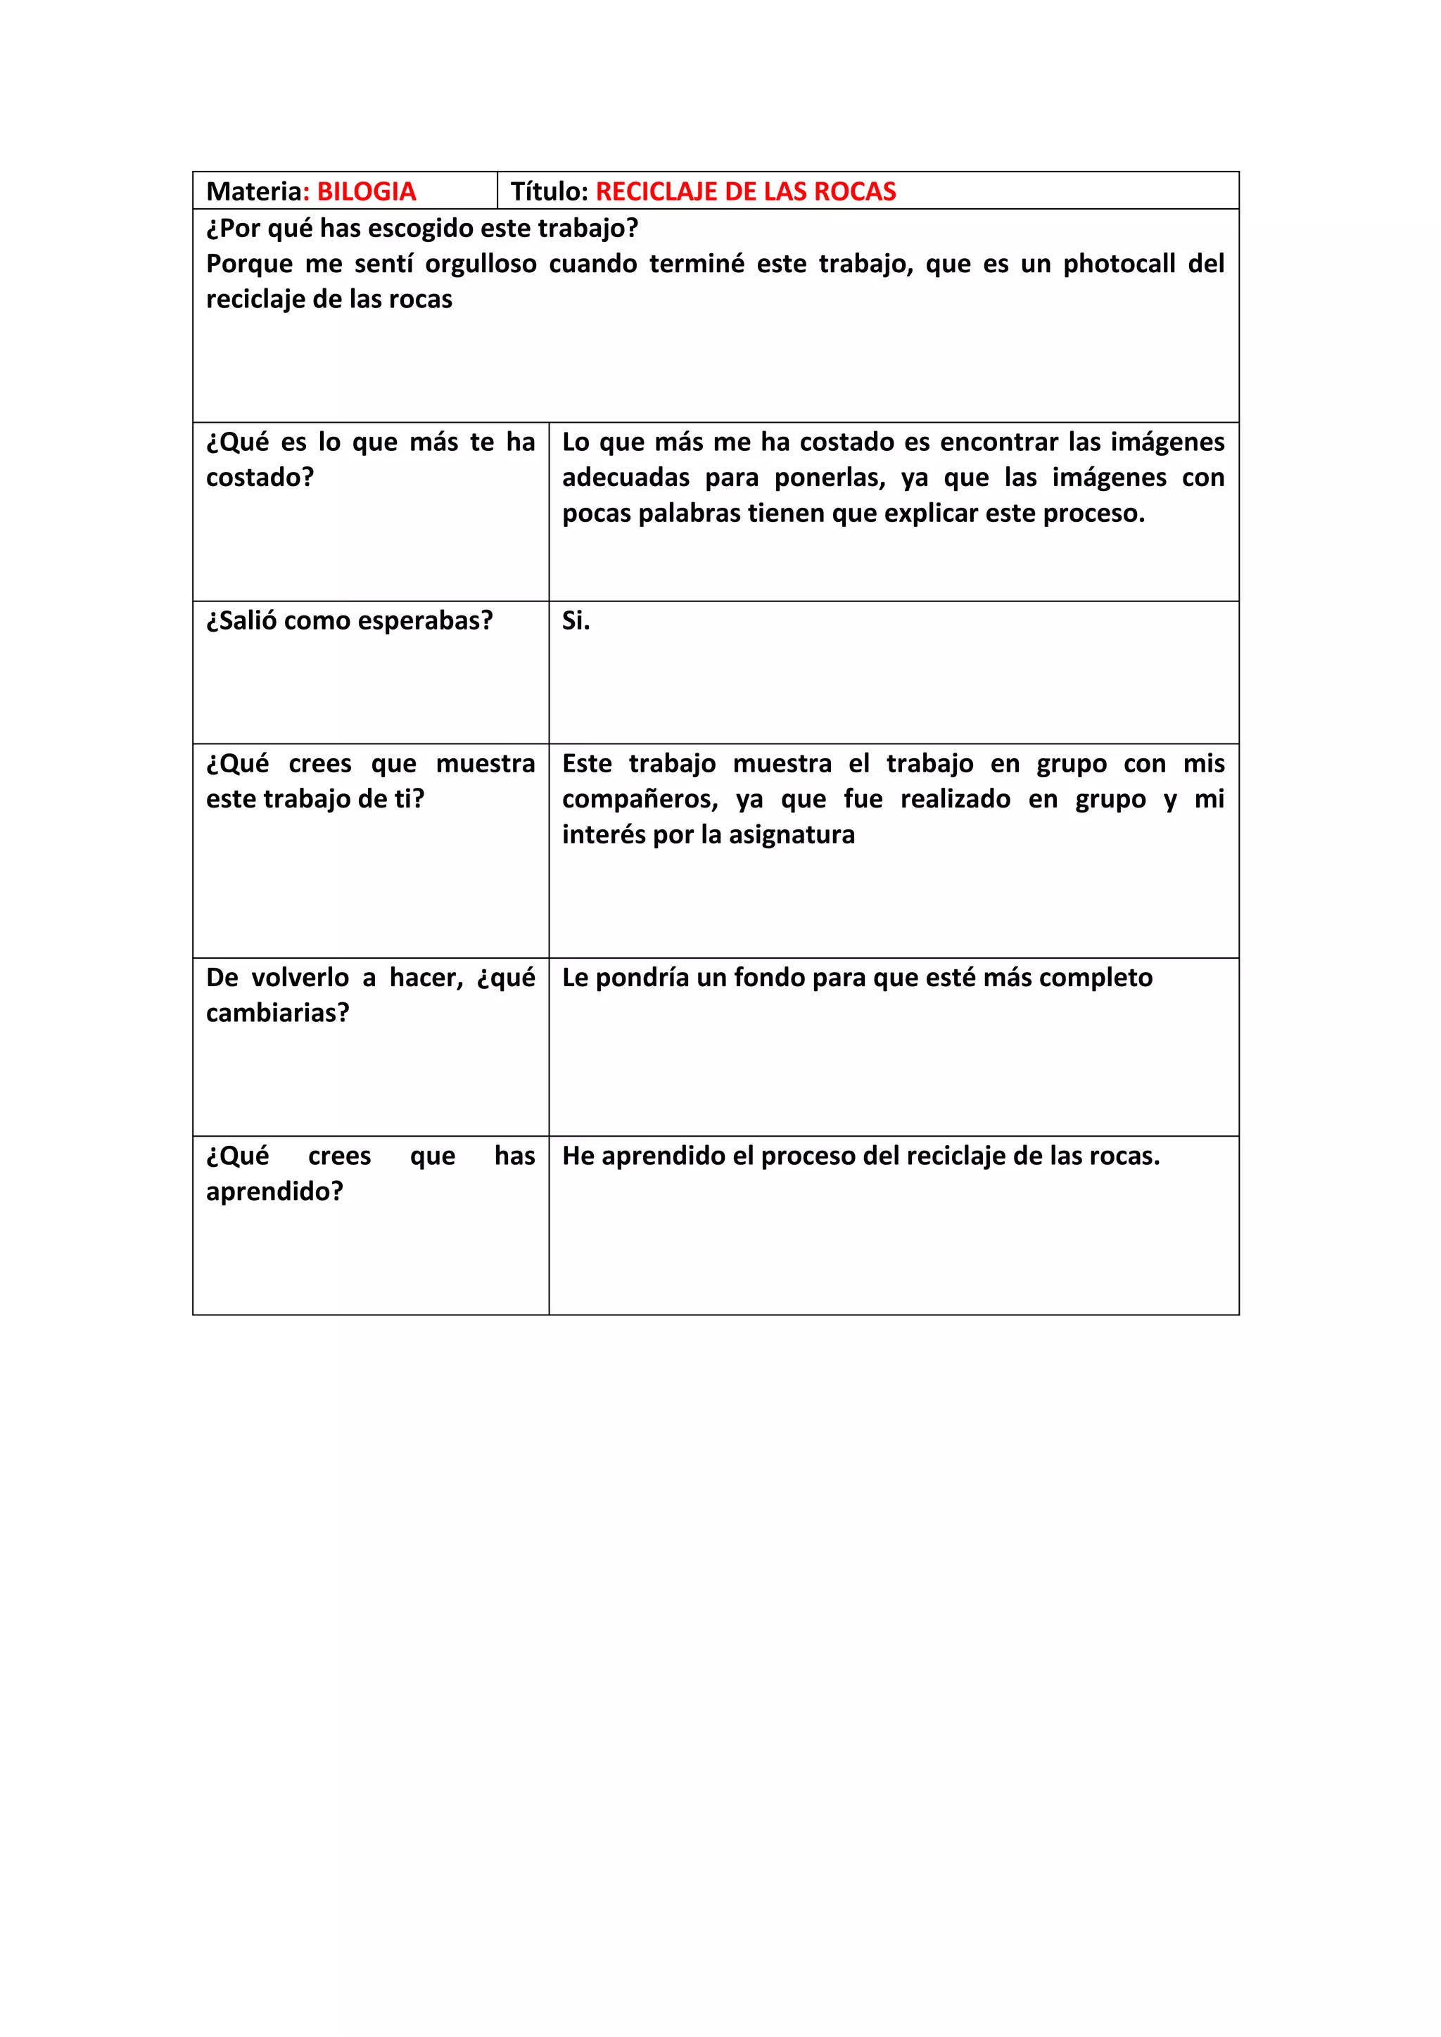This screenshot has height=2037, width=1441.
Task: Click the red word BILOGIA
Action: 367,191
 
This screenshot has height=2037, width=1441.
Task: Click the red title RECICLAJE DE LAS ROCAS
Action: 745,191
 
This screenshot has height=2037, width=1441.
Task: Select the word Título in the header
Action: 548,191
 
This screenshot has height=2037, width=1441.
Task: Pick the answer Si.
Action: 575,621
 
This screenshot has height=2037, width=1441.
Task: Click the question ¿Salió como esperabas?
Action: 350,621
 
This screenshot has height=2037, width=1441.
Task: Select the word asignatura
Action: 792,835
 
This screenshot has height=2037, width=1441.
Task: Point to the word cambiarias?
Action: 278,1013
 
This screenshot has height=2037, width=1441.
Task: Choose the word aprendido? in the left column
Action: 274,1192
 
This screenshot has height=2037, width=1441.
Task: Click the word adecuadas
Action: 626,478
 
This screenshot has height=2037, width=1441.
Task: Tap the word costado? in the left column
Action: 260,478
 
